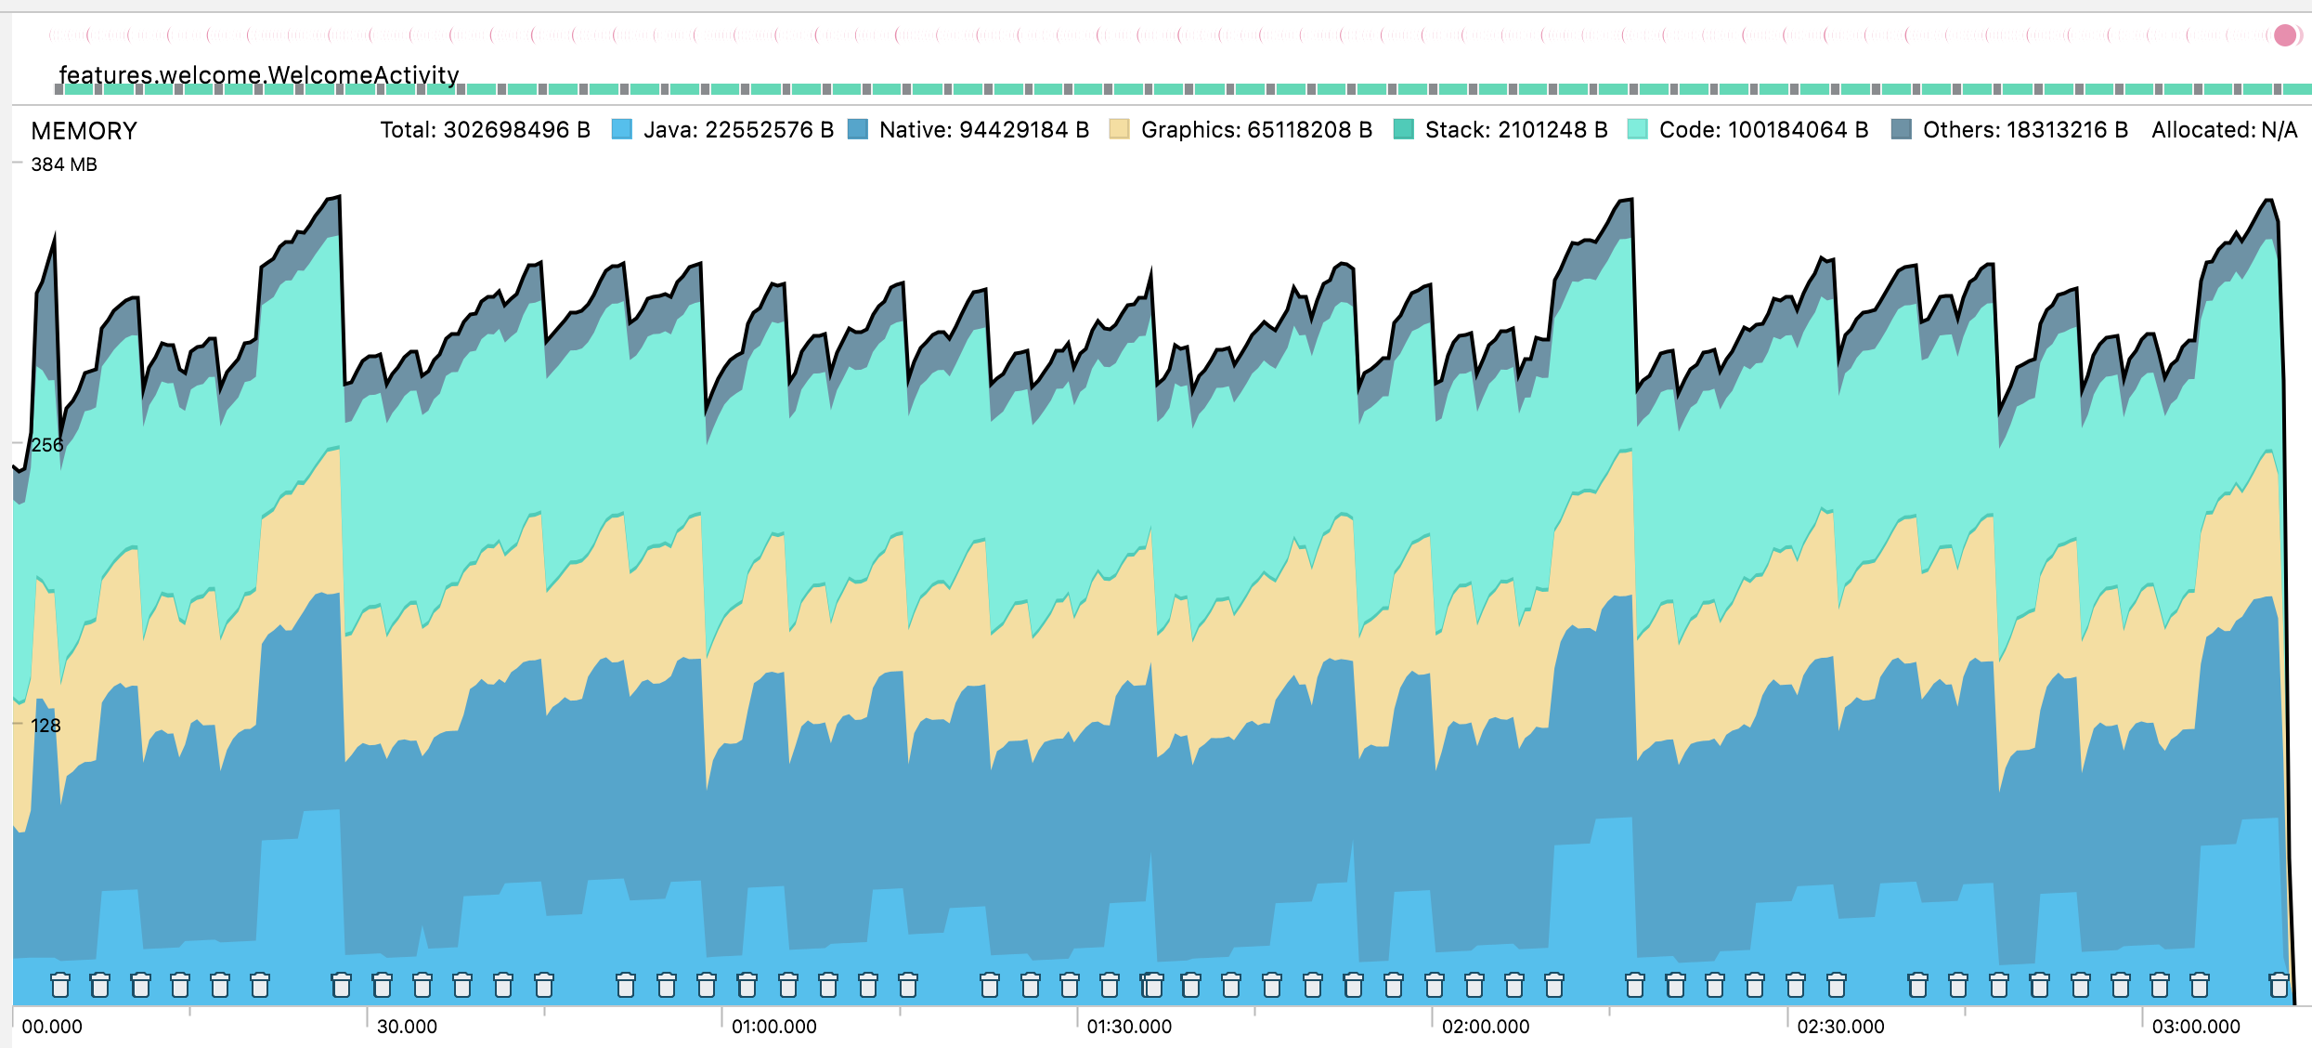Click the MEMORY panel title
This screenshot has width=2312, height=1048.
(x=84, y=131)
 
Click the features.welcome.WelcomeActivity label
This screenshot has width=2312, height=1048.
(x=258, y=74)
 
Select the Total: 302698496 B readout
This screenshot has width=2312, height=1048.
(x=485, y=130)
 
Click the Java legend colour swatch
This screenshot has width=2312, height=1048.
(x=622, y=130)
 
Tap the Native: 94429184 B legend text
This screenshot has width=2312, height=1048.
(x=983, y=130)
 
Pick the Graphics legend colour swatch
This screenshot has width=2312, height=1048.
(x=1119, y=130)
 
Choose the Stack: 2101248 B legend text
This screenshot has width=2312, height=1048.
(x=1515, y=130)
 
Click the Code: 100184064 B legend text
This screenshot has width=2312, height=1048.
(x=1763, y=130)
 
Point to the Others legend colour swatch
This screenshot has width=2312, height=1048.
(x=1901, y=130)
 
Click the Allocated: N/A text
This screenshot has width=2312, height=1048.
(x=2224, y=130)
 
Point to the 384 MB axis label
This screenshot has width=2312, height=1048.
(x=63, y=164)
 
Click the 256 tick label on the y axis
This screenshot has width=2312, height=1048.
(x=46, y=445)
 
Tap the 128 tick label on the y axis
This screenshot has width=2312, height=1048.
(x=45, y=726)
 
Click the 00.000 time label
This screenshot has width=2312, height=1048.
(x=52, y=1027)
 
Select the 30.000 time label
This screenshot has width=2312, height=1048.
(x=407, y=1027)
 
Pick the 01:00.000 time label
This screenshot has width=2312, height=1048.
(x=773, y=1027)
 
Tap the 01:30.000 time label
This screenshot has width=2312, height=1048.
(x=1129, y=1027)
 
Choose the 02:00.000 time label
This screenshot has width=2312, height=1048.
(x=1485, y=1027)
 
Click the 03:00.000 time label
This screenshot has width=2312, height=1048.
(x=2195, y=1027)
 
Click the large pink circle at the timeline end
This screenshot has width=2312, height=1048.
(x=2284, y=35)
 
